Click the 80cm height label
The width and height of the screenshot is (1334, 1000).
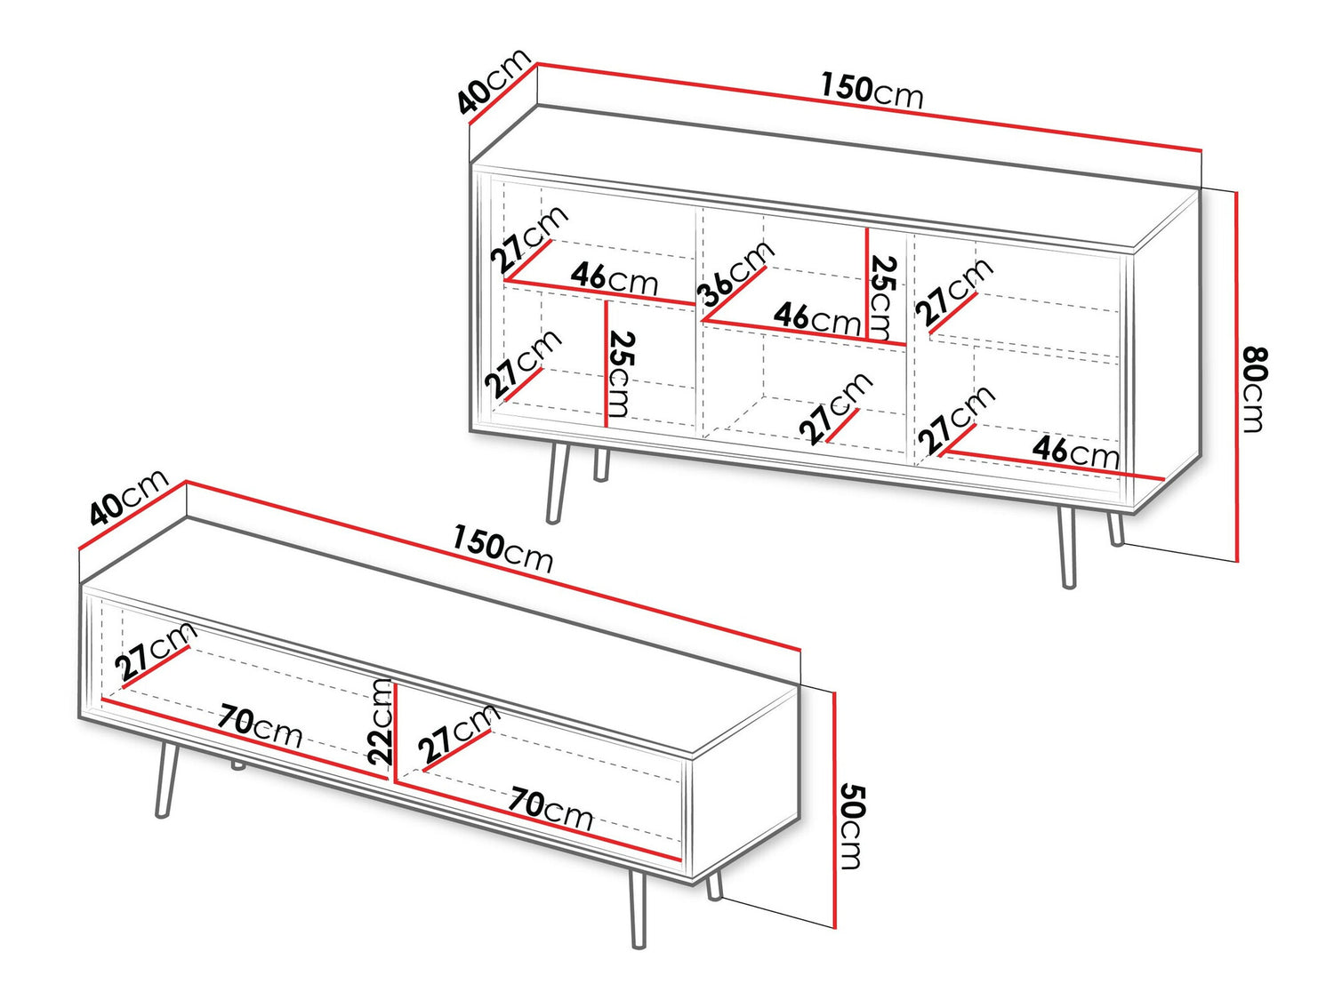tap(1254, 389)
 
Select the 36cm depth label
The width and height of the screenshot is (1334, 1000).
tap(735, 274)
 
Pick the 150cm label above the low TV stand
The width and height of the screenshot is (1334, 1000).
tap(502, 549)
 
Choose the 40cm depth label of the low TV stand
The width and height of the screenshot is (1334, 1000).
tap(128, 496)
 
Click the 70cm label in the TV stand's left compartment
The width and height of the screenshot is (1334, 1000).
tap(260, 725)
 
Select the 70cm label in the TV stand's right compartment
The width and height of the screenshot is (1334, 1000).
tap(550, 808)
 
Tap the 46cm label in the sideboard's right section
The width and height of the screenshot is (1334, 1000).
tap(1075, 452)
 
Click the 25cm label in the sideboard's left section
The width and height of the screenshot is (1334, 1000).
tap(621, 374)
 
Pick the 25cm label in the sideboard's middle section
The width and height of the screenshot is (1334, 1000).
tap(882, 298)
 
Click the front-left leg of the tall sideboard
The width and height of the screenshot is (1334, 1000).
tap(556, 484)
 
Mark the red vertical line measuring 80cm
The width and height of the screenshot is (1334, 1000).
tap(1236, 375)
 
